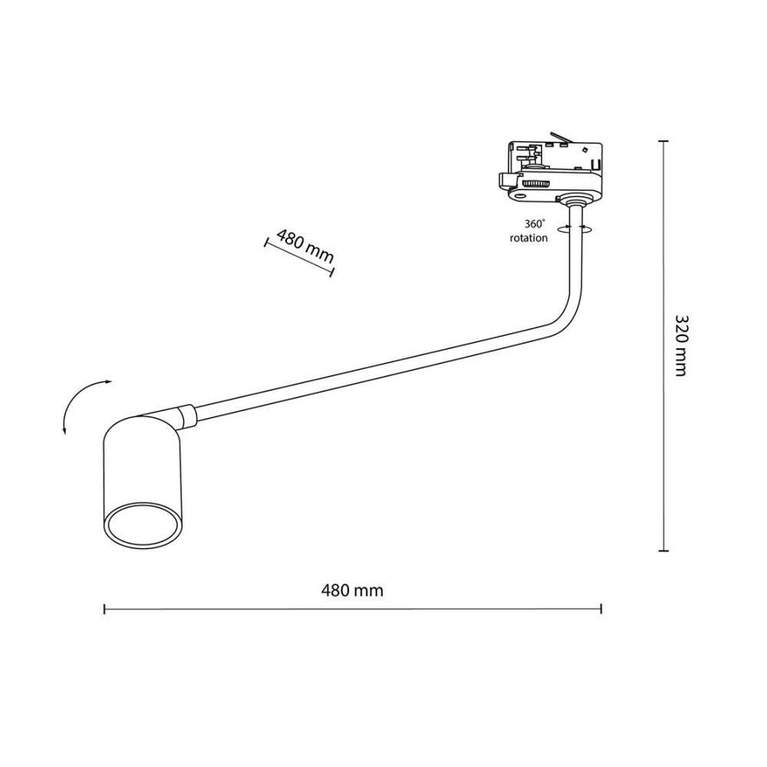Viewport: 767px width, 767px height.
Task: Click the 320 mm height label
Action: (x=681, y=345)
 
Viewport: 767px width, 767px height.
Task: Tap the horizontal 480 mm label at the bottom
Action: (x=352, y=591)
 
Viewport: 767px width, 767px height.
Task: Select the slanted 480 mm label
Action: (x=305, y=246)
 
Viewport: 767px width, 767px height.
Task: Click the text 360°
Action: (x=535, y=224)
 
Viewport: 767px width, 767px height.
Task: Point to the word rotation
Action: (x=528, y=239)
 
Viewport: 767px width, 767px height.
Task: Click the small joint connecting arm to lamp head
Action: (x=187, y=415)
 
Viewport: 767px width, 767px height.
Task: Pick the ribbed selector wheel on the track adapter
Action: (x=535, y=183)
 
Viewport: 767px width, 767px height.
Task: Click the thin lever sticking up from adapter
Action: (x=561, y=137)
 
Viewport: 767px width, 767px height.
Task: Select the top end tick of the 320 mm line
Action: (x=663, y=141)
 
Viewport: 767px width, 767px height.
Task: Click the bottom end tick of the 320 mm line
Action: (x=663, y=551)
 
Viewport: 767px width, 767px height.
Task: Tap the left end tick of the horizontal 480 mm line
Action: (x=104, y=609)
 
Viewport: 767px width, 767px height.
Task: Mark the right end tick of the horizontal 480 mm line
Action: (x=601, y=609)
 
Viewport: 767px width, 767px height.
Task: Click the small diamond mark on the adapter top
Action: (x=584, y=148)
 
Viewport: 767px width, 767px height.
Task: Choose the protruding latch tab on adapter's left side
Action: (x=507, y=180)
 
